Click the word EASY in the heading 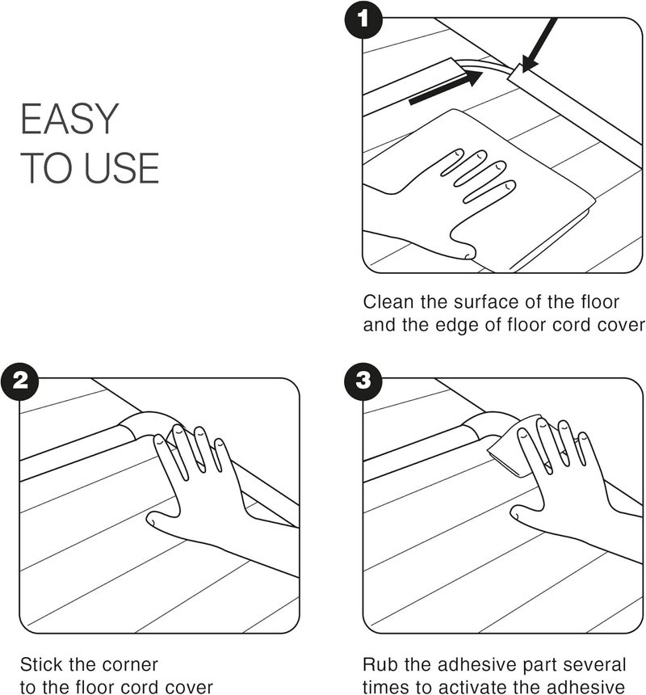click(x=69, y=120)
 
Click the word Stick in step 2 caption click(x=42, y=665)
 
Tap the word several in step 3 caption click(x=596, y=665)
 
